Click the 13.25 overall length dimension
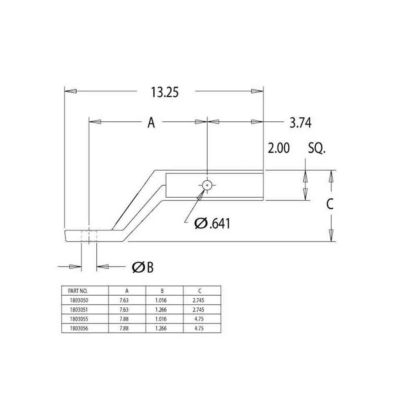click(165, 92)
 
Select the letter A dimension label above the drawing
click(151, 123)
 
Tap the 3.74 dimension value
click(300, 123)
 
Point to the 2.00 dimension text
click(279, 148)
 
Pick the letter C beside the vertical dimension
click(330, 204)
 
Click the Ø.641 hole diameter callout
click(212, 224)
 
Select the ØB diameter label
click(143, 267)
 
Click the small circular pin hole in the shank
click(207, 185)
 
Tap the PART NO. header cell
click(78, 291)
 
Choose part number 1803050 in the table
click(79, 300)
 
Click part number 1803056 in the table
click(79, 329)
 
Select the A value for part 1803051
click(124, 309)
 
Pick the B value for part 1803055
click(161, 319)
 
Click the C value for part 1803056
click(199, 329)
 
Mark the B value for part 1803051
click(161, 309)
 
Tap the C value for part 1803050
click(198, 300)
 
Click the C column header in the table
click(200, 291)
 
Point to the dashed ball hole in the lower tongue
click(89, 236)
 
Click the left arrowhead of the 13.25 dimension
click(70, 91)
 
